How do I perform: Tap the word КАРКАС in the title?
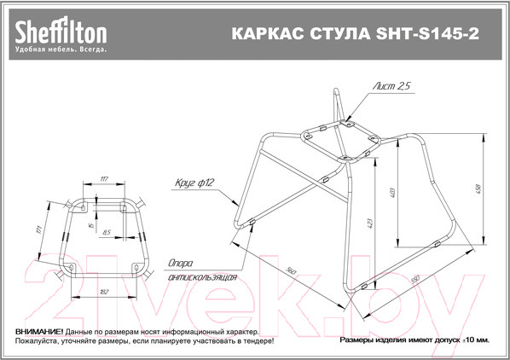(255, 35)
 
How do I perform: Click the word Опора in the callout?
(183, 264)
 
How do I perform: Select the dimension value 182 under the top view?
(105, 292)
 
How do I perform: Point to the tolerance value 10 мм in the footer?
(477, 340)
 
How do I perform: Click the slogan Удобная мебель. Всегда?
(60, 50)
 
